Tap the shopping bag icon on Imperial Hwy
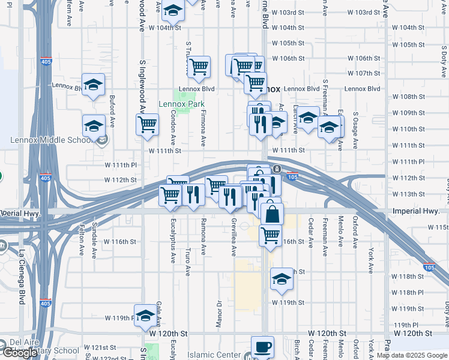[x=272, y=214]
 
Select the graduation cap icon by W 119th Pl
[x=145, y=316]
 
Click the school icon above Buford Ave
[x=93, y=85]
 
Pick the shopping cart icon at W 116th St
[x=271, y=235]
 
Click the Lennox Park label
[x=181, y=104]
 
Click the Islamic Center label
[x=216, y=355]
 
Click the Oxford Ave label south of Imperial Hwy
[x=355, y=232]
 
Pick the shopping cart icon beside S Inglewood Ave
[x=147, y=125]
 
